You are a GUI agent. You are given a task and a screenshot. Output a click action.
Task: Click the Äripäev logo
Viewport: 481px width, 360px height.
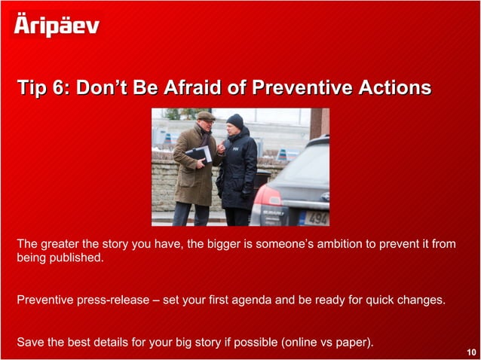(57, 25)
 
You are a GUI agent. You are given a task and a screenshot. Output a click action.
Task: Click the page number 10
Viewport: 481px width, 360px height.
(471, 352)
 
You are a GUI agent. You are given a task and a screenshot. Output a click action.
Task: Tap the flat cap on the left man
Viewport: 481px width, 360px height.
(205, 115)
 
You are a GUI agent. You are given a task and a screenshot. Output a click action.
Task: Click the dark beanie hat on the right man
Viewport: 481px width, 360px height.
(235, 120)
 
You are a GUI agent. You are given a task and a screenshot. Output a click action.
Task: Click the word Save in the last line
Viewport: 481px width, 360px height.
(30, 343)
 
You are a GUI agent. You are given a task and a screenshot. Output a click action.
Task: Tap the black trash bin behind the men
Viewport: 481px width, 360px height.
(262, 181)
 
